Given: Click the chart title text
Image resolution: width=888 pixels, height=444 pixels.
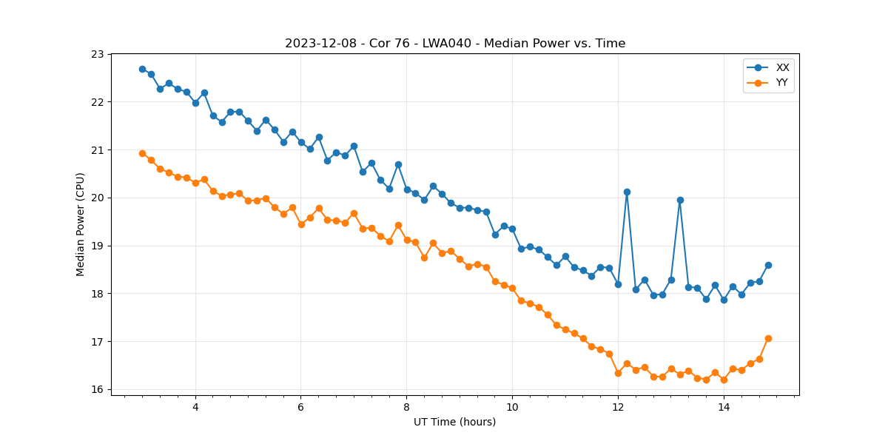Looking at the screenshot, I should (x=455, y=44).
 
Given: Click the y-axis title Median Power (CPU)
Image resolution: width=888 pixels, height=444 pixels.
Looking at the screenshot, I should (x=81, y=224).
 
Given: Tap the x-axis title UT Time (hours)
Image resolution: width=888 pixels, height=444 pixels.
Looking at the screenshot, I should (x=454, y=422).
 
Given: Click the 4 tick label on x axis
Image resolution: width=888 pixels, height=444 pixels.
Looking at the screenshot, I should (x=195, y=406).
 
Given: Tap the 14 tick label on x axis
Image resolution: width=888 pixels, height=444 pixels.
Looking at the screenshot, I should (x=724, y=406).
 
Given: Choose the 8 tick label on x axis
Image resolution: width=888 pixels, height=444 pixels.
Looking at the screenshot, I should (x=406, y=406).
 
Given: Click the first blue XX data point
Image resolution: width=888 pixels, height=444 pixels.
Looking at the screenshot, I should (x=142, y=69).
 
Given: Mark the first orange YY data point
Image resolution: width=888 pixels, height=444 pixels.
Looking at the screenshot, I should (x=142, y=153).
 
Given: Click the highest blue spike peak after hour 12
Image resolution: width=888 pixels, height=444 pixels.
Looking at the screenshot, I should (x=627, y=192).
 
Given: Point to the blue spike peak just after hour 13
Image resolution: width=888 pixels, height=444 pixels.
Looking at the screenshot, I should (x=680, y=200).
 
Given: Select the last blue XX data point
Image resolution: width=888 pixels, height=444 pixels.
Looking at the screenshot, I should (x=768, y=265).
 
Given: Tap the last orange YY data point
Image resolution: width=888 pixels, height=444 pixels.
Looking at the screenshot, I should (x=768, y=338).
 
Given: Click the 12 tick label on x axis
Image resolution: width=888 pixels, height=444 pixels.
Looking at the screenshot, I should (x=618, y=406).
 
